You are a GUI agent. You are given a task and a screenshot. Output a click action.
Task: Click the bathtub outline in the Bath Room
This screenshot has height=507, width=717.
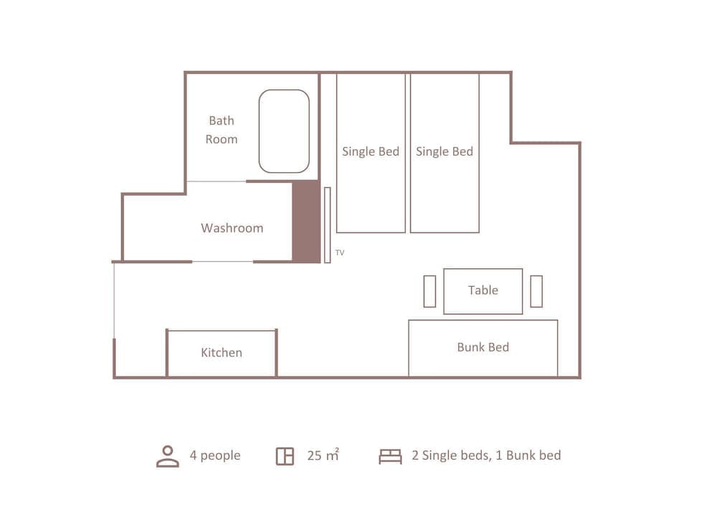coord(284,131)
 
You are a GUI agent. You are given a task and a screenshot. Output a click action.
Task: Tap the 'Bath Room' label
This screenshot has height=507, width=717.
coord(222,130)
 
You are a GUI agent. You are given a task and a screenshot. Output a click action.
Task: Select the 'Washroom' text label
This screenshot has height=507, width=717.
coord(232,228)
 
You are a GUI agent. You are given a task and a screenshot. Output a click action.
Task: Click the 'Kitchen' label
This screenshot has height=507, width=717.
coord(221,353)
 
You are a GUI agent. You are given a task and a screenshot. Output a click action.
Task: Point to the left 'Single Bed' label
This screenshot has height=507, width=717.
coord(371,151)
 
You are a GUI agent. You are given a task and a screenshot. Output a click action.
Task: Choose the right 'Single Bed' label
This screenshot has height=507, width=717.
coord(445,151)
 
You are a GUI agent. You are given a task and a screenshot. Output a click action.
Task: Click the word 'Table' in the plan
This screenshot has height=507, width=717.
coord(483,290)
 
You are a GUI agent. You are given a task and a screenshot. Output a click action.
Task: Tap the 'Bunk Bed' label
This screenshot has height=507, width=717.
coord(483,347)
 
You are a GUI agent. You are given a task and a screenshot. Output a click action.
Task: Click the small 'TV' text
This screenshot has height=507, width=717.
coord(340,252)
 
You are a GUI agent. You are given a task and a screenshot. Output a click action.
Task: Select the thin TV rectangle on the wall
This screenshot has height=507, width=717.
coord(327,225)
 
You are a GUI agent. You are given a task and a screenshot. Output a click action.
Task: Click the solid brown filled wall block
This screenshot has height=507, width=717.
coord(305,222)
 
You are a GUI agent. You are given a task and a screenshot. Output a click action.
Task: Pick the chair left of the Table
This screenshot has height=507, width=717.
coord(429,291)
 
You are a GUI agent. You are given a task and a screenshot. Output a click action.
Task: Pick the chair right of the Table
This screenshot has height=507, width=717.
coord(536,291)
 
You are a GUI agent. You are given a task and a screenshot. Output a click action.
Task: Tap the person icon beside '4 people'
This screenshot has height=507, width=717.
coord(168,456)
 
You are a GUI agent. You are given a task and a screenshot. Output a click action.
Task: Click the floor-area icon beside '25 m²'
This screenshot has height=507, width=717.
coord(285,456)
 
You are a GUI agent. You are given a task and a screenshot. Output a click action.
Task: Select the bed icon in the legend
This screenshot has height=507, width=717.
coord(390,456)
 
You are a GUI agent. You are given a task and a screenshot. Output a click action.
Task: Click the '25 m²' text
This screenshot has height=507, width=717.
coord(323,455)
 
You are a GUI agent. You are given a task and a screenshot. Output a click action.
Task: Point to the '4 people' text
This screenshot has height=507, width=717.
coord(215,455)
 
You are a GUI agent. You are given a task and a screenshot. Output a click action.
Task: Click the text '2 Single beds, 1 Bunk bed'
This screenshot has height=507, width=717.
coord(486,455)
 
